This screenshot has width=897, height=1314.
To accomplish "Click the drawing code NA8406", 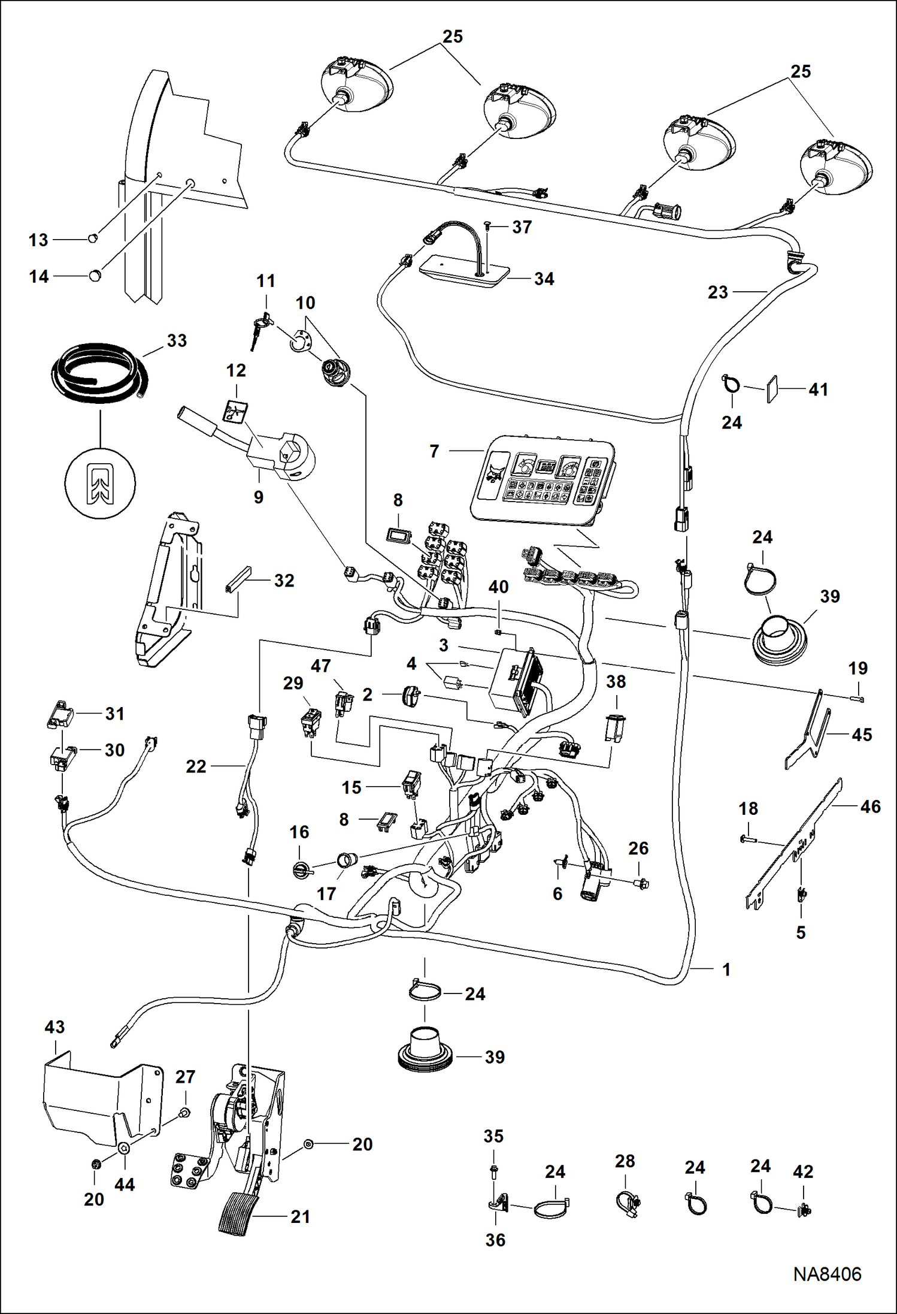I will tap(827, 1274).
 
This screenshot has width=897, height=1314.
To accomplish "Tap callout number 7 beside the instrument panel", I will tap(435, 451).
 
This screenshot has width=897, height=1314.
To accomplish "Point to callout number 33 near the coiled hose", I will tap(177, 341).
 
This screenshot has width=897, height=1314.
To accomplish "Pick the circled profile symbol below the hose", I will tap(100, 483).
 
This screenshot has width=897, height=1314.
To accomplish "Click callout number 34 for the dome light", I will tap(544, 279).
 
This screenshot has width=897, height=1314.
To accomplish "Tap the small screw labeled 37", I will tap(487, 225).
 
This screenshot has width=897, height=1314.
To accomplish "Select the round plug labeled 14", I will tap(95, 276).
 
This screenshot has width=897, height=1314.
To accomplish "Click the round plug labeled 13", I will tap(92, 238).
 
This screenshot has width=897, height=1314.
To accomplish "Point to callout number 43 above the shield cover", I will tap(54, 1027).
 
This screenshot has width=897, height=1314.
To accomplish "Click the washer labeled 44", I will tap(124, 1147).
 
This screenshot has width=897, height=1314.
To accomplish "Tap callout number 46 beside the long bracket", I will tap(870, 806).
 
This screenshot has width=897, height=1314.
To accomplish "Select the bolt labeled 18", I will tap(747, 839).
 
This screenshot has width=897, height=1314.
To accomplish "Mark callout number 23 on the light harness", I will tap(717, 292).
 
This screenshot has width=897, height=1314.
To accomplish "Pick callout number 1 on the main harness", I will tap(726, 969).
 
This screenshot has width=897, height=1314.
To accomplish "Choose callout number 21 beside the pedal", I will tap(300, 1217).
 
